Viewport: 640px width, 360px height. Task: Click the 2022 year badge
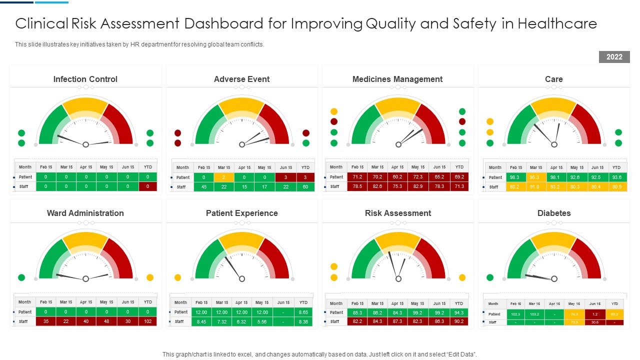click(614, 57)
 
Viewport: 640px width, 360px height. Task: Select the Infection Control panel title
click(85, 79)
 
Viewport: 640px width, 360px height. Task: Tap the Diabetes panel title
click(554, 213)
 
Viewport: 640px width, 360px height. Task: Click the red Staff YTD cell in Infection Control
click(147, 186)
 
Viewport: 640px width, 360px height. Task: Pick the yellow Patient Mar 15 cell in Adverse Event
click(224, 177)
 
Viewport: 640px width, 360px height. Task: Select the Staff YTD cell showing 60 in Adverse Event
click(305, 187)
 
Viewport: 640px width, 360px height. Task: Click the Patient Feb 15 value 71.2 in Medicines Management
click(357, 177)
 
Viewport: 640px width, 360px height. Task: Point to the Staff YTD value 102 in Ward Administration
click(148, 321)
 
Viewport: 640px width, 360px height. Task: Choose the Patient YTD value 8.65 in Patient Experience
click(303, 312)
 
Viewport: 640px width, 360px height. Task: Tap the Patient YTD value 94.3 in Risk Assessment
click(459, 312)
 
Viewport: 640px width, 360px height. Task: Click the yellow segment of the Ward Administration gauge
click(85, 240)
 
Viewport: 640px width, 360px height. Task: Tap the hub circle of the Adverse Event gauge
click(242, 144)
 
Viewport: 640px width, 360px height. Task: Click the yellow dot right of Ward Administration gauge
click(149, 277)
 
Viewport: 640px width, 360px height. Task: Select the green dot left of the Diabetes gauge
click(490, 277)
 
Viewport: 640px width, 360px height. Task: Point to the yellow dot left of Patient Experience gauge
click(177, 277)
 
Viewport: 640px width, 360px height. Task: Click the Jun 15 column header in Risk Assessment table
click(439, 303)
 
